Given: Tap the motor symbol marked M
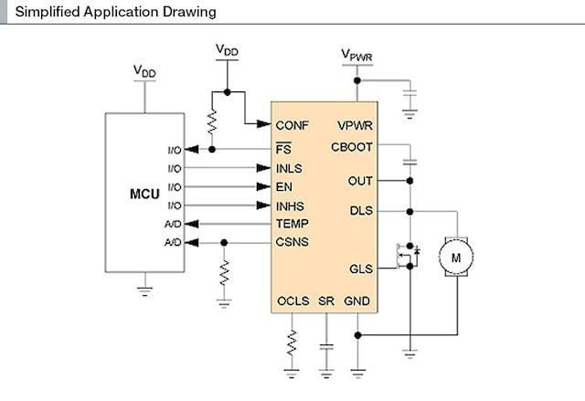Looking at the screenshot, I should pos(454,259).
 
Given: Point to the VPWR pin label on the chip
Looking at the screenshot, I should pos(355,125).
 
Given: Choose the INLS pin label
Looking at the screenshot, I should pos(289,169).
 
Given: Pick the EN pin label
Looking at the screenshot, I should pos(283,187).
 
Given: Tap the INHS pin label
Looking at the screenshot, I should pos(290,206).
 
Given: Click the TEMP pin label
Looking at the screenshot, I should pos(292,224).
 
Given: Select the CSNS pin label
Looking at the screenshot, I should pos(292,242).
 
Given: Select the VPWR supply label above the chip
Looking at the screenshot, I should pos(357,56).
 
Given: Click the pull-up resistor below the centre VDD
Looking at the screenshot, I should pos(212,122).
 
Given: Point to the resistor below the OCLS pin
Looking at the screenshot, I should pos(292,343).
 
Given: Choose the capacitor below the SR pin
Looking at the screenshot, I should pos(326,348).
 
